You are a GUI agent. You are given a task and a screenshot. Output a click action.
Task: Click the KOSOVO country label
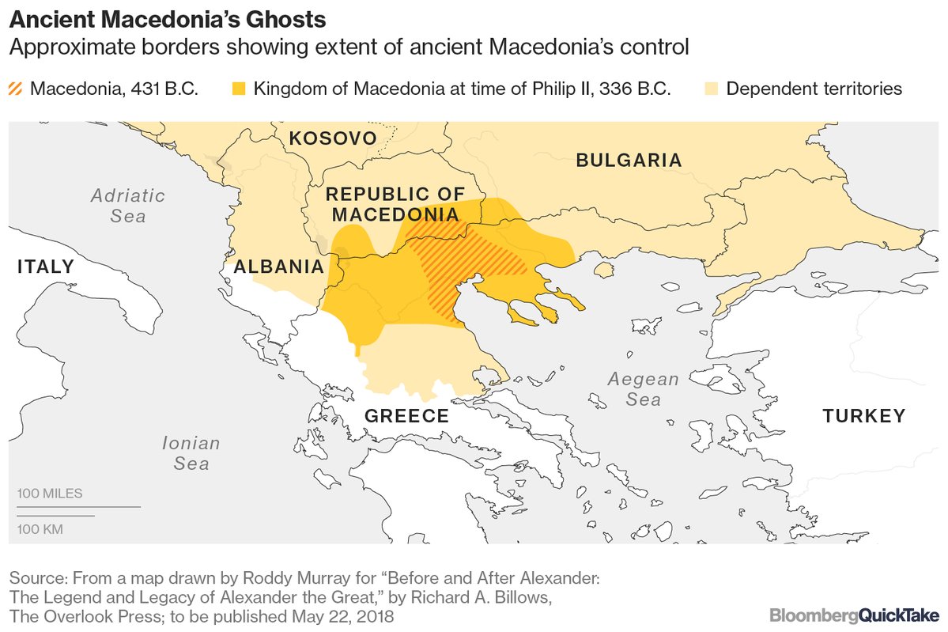click(x=332, y=139)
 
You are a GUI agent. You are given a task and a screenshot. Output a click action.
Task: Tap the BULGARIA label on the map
click(x=629, y=161)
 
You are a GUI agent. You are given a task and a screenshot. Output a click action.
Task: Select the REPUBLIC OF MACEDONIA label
click(x=395, y=204)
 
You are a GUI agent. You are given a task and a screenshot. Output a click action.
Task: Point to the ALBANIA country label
click(x=279, y=267)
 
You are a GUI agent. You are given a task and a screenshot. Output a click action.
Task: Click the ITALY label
click(x=45, y=267)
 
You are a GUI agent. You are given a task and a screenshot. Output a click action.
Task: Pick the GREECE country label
click(x=406, y=416)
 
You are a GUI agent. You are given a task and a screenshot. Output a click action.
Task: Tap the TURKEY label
click(x=863, y=416)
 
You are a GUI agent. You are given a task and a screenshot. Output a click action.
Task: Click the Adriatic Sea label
click(x=127, y=205)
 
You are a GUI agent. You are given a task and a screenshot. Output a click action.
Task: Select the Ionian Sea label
click(x=191, y=453)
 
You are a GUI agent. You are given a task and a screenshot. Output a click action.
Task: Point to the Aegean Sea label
click(x=643, y=389)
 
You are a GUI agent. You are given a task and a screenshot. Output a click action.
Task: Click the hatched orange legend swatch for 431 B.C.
click(x=15, y=89)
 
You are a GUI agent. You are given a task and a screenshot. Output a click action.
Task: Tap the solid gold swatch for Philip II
click(x=239, y=89)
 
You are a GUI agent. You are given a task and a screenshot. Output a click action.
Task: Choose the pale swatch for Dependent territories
click(x=712, y=89)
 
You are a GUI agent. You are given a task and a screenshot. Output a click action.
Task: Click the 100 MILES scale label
click(x=50, y=494)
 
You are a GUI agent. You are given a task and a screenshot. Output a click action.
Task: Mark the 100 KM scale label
click(x=41, y=528)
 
